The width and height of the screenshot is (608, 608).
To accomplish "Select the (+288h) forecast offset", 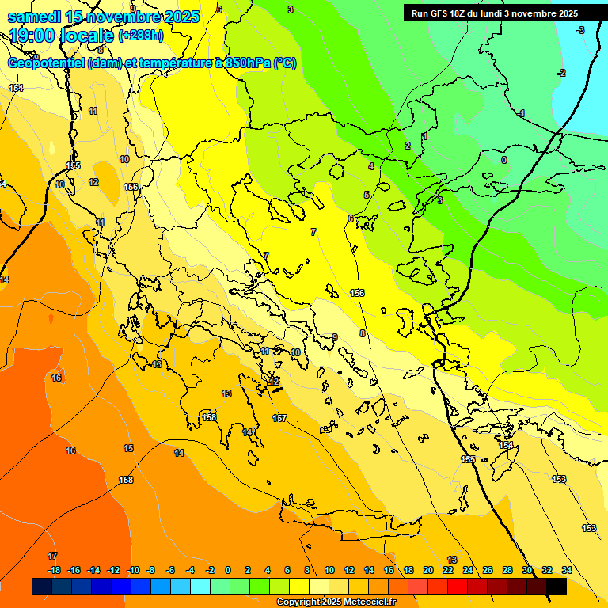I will pos(140,36).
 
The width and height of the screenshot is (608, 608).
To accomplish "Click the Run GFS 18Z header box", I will pos(495,13).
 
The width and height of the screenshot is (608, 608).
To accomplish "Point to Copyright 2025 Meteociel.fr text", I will pos(336,602).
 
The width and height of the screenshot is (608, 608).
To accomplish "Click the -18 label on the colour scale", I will pos(54,570).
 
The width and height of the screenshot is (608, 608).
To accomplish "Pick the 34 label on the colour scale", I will pos(567,570).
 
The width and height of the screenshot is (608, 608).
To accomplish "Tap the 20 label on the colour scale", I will pos(428,570).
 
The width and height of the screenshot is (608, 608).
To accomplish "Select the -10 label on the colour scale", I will pos(133,570).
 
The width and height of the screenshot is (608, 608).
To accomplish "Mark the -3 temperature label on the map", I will pos(579,30).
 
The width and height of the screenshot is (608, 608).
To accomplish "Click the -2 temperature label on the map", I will pos(561,73).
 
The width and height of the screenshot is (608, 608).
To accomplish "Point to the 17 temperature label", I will pos(52,557).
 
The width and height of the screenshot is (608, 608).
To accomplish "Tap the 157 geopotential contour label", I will pos(279,418).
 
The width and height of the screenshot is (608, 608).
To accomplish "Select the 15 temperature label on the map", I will pos(128,449).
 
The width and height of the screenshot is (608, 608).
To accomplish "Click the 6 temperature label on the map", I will pos(350,218).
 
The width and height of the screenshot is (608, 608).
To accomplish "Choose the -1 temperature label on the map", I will pos(521,114).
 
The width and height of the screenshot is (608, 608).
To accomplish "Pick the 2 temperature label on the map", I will pos(408,146).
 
